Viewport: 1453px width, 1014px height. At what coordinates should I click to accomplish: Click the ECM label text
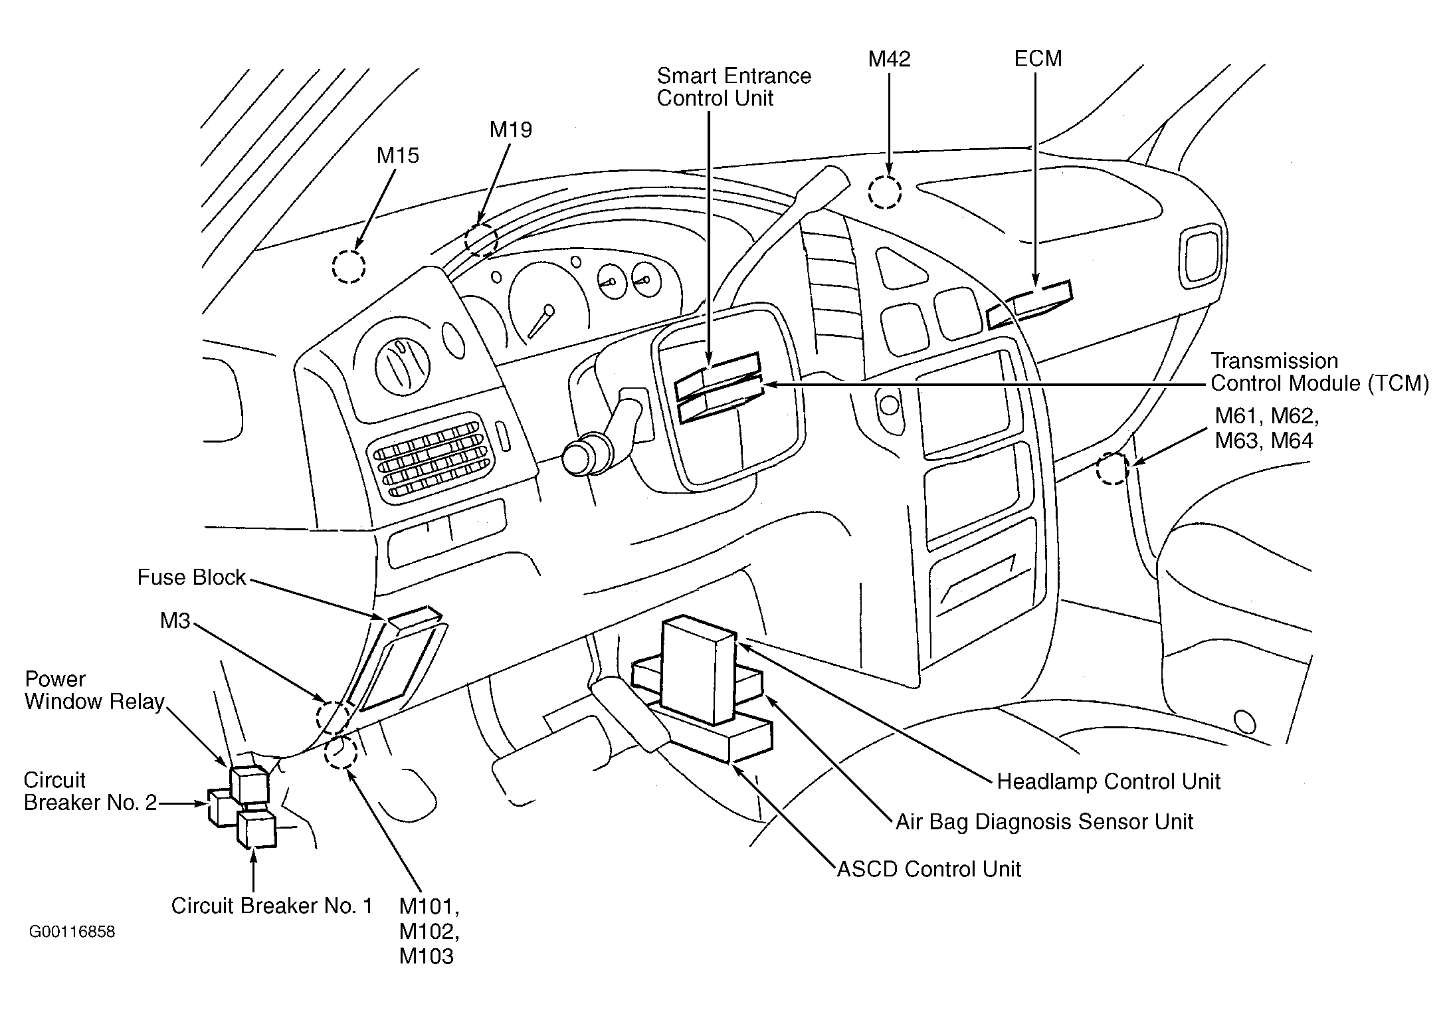pos(1038,58)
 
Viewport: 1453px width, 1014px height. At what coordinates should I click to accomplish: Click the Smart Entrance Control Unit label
pos(733,87)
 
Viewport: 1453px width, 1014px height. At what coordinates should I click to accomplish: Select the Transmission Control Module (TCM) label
pos(1319,372)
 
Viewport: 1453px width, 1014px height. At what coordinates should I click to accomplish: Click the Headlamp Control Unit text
pos(1108,781)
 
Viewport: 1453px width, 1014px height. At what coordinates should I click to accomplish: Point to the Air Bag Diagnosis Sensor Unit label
pos(1044,822)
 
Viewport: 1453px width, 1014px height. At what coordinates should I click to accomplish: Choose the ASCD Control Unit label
pos(929,869)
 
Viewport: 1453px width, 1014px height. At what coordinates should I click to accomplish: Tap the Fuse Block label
pos(191,577)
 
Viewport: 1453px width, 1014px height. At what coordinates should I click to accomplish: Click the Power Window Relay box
pos(249,784)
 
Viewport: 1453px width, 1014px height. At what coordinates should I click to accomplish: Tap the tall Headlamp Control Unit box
pos(699,670)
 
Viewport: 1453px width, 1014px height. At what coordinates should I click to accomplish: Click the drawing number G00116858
pos(72,932)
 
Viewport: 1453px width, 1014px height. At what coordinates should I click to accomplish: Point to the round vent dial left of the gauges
pos(402,366)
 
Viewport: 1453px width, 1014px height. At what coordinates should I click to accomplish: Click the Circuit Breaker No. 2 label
pos(90,791)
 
